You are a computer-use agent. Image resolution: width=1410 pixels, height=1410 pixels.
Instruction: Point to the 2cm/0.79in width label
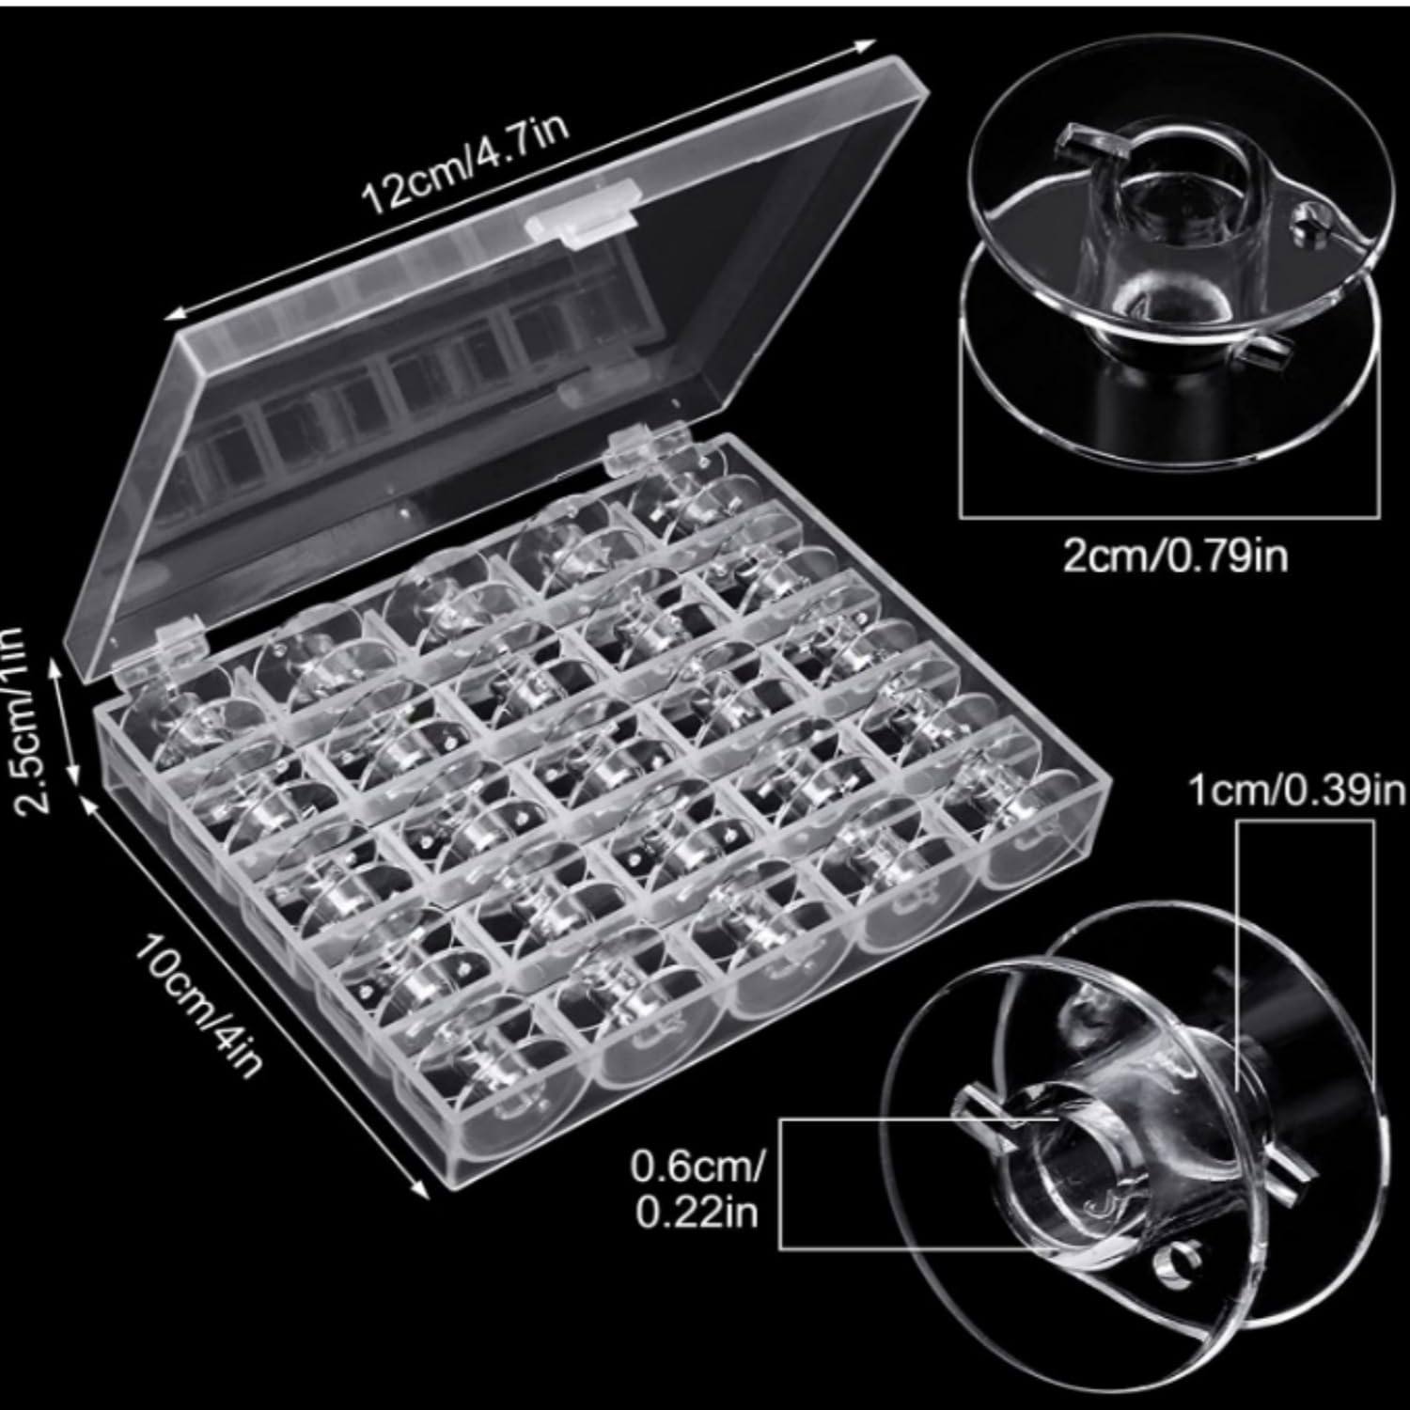tap(1175, 556)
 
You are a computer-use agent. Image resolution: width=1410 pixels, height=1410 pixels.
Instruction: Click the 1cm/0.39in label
tap(1297, 792)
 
